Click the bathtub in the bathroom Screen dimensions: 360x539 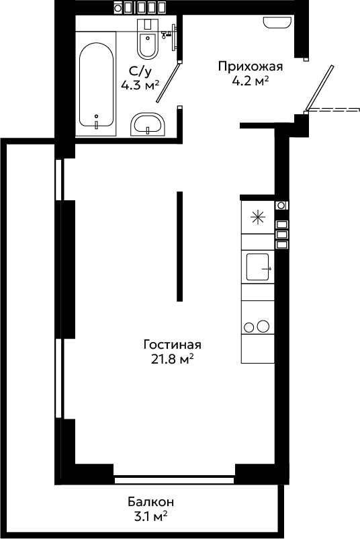[96, 84]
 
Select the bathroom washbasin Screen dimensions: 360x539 [148, 124]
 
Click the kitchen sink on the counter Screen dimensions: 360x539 [258, 267]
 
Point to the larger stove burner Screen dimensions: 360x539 [263, 326]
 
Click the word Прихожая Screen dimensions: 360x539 [251, 66]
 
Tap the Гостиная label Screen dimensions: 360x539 [173, 344]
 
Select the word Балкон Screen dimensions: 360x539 [151, 502]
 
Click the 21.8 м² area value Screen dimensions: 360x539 [173, 359]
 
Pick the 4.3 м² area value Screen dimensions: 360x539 [140, 85]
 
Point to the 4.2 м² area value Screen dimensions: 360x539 [250, 81]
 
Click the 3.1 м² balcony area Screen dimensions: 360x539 [151, 517]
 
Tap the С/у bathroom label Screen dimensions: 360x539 [140, 71]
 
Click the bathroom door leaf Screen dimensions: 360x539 [168, 82]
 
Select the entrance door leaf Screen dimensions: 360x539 [319, 88]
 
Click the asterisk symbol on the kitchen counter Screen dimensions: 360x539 [258, 218]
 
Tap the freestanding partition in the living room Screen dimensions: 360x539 [179, 246]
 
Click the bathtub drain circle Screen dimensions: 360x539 [97, 116]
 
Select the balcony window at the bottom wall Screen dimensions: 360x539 [174, 478]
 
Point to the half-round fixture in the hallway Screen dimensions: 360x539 [277, 22]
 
